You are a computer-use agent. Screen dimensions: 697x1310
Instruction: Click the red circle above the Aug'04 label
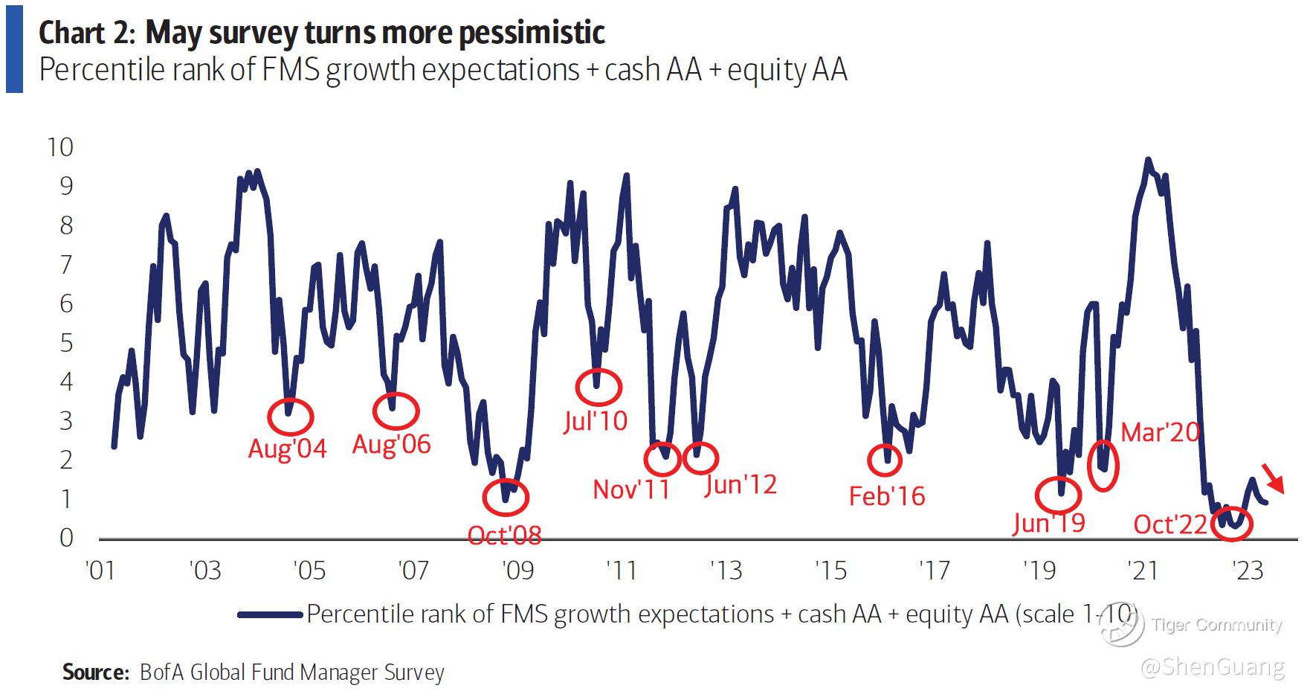(x=290, y=417)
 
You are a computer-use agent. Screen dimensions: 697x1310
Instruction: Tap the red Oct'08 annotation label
(x=504, y=535)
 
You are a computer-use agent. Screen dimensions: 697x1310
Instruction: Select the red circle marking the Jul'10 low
(x=598, y=385)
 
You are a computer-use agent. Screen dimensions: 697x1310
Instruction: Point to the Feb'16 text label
(x=886, y=496)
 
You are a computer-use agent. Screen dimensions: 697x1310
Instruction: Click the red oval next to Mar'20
(x=1103, y=466)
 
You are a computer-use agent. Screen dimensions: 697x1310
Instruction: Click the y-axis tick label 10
(x=60, y=147)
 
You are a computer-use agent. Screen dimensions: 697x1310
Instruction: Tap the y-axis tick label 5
(x=67, y=343)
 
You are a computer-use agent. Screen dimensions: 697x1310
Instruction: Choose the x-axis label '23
(x=1248, y=571)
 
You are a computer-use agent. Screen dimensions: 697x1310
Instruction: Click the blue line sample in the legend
(x=271, y=614)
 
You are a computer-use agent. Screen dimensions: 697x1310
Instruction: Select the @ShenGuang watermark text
(x=1212, y=667)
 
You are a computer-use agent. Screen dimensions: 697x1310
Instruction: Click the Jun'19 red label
(x=1048, y=523)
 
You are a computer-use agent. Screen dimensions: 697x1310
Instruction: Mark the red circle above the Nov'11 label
(x=662, y=459)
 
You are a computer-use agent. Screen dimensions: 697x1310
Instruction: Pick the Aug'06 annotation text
(x=391, y=444)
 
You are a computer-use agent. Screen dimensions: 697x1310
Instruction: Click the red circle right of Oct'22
(x=1231, y=524)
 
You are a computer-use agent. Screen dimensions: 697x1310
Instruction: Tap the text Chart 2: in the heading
(x=86, y=33)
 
